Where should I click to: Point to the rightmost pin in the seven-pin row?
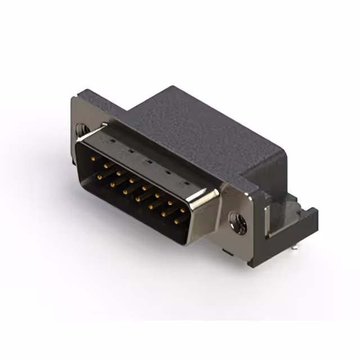[x=176, y=222]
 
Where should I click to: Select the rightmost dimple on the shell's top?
[x=182, y=184]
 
